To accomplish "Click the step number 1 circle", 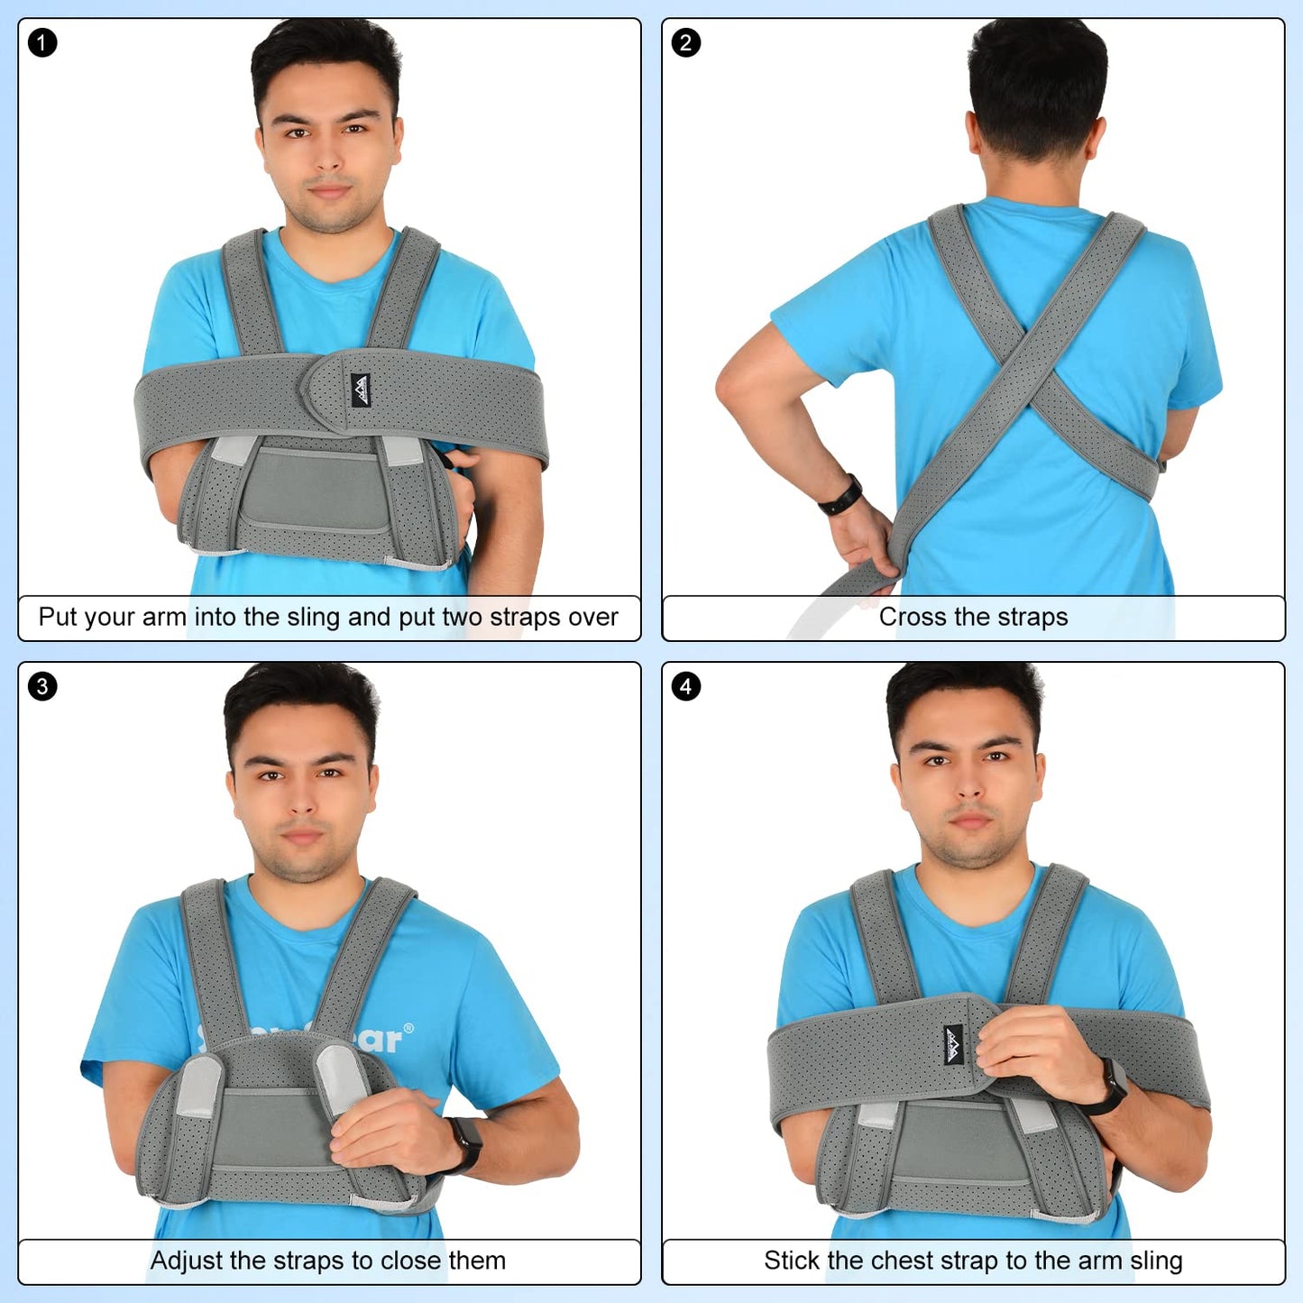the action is [41, 43].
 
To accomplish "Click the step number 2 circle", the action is [685, 43].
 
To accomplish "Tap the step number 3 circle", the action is [41, 687].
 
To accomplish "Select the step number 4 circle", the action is [685, 687].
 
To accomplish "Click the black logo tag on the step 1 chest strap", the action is [361, 390].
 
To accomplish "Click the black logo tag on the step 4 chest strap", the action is [953, 1045].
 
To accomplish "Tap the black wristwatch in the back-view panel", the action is [840, 495].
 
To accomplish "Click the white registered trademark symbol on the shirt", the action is [408, 1029].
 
